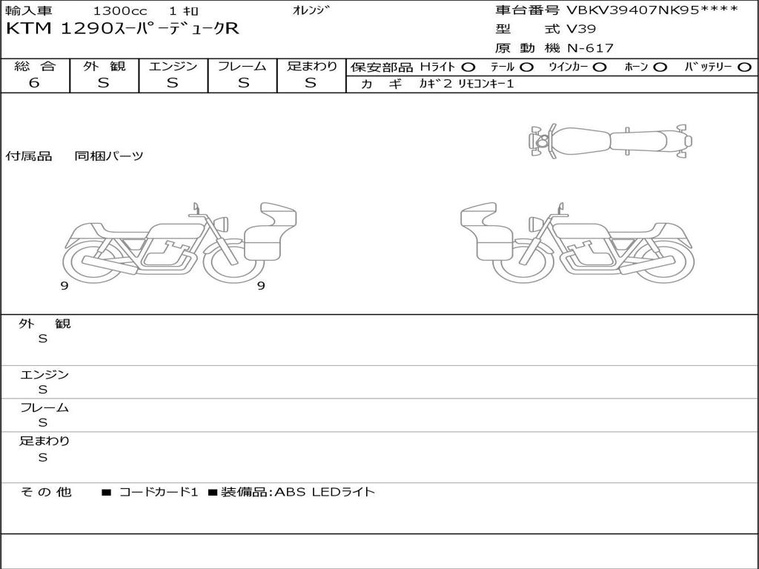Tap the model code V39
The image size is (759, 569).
click(581, 29)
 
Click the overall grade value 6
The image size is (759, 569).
click(34, 83)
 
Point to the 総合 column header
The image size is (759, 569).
click(35, 66)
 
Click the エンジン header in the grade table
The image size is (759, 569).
click(173, 66)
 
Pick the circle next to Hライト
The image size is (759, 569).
click(468, 67)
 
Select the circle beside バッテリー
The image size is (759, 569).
click(744, 67)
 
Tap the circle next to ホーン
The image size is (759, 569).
click(660, 67)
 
